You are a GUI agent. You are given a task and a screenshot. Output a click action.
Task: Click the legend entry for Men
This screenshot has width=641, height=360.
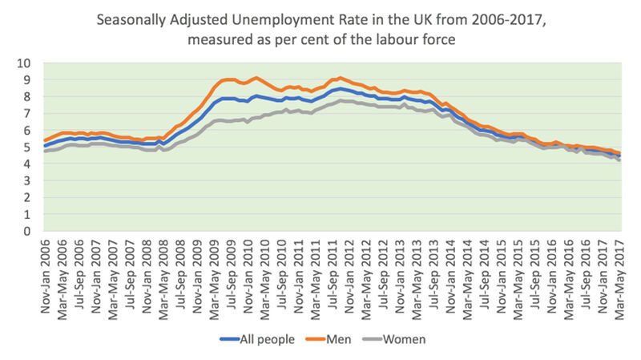336,339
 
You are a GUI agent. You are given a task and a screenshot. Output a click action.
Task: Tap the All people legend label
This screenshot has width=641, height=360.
260,339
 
